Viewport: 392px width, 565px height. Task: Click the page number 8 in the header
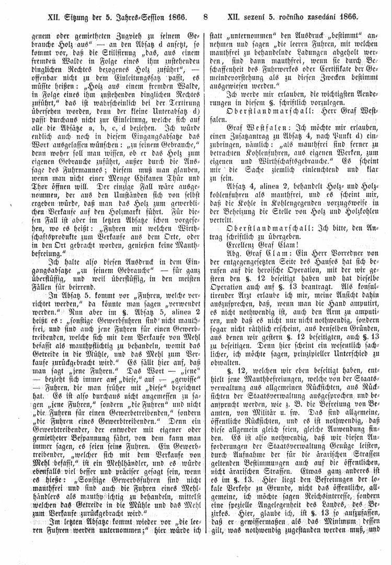coord(205,17)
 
